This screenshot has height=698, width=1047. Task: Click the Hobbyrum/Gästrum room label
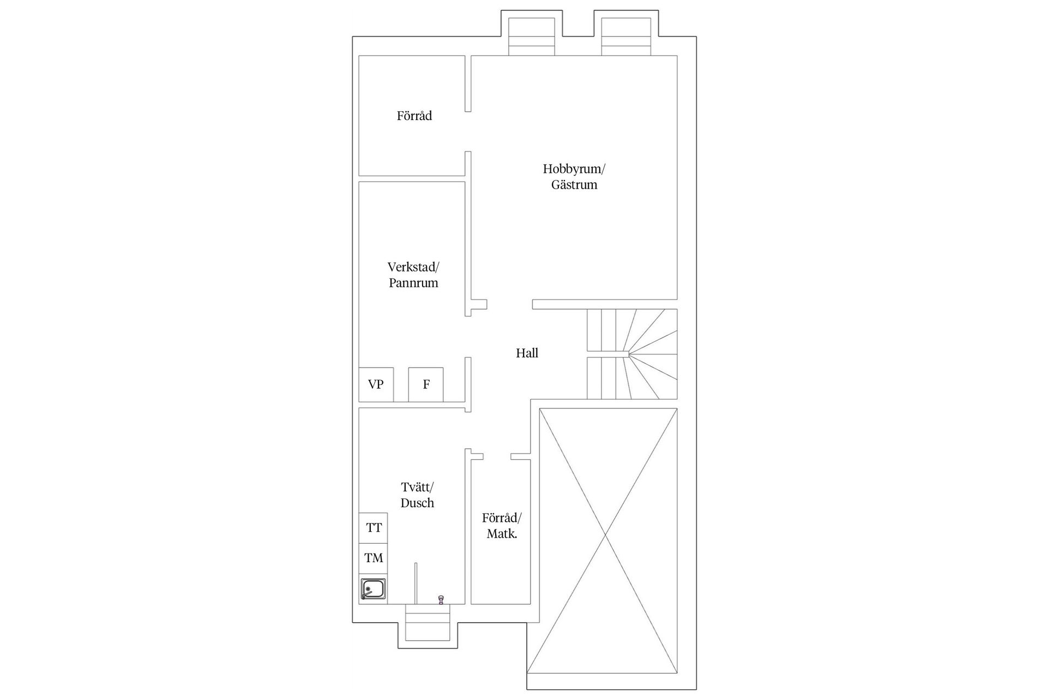[x=574, y=177]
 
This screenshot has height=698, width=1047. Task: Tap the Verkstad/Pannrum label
[x=413, y=275]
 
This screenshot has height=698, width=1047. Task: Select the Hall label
[x=527, y=353]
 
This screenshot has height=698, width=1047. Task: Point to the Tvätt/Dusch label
[x=417, y=495]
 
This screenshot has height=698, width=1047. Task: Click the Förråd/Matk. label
[x=502, y=526]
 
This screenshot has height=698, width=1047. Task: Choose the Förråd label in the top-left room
[x=414, y=116]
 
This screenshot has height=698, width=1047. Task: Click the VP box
[x=376, y=384]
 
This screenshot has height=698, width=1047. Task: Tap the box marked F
[x=426, y=384]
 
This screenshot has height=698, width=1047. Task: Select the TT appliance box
[x=374, y=528]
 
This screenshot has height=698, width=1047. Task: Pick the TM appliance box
[x=374, y=558]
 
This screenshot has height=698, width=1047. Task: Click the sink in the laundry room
[x=374, y=589]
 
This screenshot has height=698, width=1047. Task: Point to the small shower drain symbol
[x=441, y=600]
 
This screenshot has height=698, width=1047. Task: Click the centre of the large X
[x=605, y=537]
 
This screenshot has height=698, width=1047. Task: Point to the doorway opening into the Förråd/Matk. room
[x=497, y=456]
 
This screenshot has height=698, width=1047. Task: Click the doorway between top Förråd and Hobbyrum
[x=468, y=131]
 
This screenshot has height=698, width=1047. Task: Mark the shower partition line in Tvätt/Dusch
[x=416, y=583]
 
